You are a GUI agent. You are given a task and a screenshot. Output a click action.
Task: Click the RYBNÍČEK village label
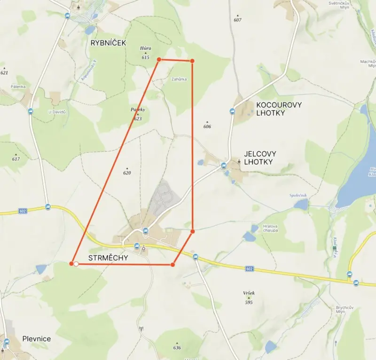(109, 43)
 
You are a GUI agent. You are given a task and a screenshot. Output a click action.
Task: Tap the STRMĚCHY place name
(108, 258)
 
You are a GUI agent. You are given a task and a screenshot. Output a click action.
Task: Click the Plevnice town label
(37, 339)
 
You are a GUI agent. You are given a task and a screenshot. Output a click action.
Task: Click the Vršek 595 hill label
(249, 297)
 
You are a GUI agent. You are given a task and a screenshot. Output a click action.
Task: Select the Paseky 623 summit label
(138, 114)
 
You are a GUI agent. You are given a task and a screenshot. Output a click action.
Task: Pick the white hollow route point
(76, 264)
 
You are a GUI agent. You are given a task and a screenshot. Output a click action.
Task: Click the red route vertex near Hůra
(159, 59)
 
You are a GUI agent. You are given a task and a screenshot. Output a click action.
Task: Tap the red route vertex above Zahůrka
(192, 61)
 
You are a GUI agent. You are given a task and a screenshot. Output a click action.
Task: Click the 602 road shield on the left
(23, 211)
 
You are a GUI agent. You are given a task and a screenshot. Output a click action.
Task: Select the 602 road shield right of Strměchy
(249, 269)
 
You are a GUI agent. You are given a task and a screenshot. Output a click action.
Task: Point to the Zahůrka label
(179, 79)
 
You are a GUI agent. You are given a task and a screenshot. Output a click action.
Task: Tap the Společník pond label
(298, 195)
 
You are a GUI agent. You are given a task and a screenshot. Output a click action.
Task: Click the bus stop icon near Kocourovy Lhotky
(232, 111)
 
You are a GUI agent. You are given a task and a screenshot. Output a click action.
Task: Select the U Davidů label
(55, 111)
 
